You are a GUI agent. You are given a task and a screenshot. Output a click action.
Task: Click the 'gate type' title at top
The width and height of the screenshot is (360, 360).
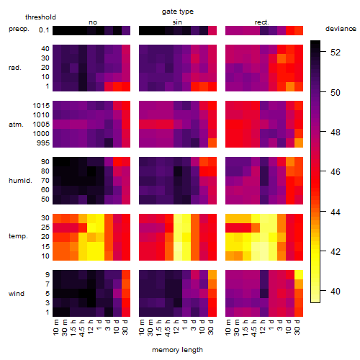178,12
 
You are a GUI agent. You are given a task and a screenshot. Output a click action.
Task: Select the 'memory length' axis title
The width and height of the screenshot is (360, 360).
177,350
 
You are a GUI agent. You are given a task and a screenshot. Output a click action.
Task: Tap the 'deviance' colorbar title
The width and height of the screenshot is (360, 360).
341,29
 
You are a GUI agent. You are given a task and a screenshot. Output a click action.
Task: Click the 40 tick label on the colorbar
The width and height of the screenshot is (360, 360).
336,291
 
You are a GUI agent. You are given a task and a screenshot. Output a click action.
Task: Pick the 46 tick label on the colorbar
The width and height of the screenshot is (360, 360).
336,171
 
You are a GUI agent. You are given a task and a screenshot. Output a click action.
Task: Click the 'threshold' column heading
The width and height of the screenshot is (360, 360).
40,17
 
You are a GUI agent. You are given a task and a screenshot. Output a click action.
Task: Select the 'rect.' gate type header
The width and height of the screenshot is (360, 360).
261,22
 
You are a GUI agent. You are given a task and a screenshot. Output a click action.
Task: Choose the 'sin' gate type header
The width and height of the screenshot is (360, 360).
177,22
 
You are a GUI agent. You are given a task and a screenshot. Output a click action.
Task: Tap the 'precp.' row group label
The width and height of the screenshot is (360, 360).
19,29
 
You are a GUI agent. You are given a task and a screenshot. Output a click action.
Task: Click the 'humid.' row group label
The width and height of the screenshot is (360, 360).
20,180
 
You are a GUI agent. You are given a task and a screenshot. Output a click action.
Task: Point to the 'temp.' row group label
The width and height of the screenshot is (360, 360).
18,236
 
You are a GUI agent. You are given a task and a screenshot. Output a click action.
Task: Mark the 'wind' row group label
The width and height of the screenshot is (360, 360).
17,294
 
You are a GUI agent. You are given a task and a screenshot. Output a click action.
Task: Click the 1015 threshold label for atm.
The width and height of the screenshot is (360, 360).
41,105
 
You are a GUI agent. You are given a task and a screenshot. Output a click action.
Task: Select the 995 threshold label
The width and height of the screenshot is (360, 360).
43,143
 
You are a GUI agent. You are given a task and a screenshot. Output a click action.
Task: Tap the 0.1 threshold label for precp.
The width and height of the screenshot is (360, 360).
44,30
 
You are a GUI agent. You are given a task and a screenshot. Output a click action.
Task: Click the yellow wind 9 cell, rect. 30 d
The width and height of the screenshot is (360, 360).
299,275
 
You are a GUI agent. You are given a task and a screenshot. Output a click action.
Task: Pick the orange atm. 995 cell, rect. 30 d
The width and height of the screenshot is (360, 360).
299,143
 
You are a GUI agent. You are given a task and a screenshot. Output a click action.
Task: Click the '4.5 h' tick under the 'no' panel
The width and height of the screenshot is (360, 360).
82,328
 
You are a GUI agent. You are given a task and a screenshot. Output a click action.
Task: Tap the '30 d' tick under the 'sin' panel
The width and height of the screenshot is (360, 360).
211,327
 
